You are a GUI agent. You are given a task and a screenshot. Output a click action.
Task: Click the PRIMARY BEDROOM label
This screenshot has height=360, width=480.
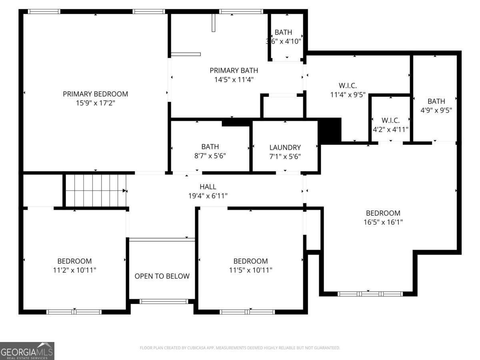click(95, 94)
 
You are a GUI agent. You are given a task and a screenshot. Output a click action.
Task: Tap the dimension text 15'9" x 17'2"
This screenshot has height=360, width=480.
click(95, 103)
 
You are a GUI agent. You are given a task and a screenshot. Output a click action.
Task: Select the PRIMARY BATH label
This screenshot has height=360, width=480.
click(234, 70)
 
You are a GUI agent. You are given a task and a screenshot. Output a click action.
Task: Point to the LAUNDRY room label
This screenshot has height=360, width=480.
click(285, 147)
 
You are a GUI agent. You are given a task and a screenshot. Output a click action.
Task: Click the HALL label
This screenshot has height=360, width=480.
click(208, 187)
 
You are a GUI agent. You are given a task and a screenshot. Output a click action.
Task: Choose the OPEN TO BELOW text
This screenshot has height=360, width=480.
click(162, 276)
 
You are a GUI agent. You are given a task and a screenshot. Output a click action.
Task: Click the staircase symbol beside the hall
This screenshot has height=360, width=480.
click(96, 191)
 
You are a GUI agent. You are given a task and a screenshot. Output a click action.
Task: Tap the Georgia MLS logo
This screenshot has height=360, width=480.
click(27, 351)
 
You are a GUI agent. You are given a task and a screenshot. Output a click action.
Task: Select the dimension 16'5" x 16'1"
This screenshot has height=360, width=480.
click(383, 222)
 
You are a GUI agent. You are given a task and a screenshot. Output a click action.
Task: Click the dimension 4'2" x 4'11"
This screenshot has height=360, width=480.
click(390, 129)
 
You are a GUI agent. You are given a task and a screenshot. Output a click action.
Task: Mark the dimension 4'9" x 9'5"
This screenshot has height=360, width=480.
click(436, 110)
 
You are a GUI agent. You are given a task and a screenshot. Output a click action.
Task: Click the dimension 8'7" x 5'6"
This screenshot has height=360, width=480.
click(210, 156)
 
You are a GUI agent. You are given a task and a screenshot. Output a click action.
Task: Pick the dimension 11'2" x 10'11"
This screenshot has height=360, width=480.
click(74, 270)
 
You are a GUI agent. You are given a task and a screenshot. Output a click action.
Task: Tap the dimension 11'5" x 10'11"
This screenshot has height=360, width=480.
click(250, 270)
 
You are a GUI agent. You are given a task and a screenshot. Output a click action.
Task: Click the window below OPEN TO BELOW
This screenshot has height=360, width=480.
click(163, 301)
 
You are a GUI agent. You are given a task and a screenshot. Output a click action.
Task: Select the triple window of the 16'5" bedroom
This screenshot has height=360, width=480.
click(370, 294)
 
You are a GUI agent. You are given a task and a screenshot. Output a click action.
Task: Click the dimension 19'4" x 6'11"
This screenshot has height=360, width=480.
click(208, 196)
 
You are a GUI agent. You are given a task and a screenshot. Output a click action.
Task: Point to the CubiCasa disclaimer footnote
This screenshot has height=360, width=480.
click(240, 348)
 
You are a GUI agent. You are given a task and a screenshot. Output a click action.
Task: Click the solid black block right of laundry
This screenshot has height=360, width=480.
click(330, 130)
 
